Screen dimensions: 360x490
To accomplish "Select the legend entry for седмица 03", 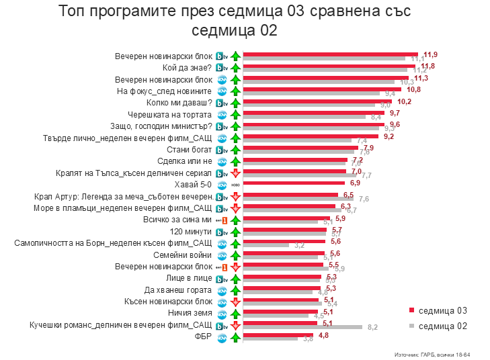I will point(442,310).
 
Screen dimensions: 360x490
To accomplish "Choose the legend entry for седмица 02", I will point(442,326).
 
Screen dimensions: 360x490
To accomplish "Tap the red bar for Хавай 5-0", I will point(294,183).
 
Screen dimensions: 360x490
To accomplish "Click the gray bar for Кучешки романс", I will point(302,327).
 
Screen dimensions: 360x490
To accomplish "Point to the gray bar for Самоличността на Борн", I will point(266,244).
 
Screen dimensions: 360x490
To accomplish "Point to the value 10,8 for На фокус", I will point(413,89).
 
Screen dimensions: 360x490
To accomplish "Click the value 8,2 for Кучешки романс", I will point(373,327).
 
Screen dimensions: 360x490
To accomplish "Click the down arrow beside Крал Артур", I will point(235,197).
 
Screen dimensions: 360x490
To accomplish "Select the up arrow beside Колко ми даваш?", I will point(235,103).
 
